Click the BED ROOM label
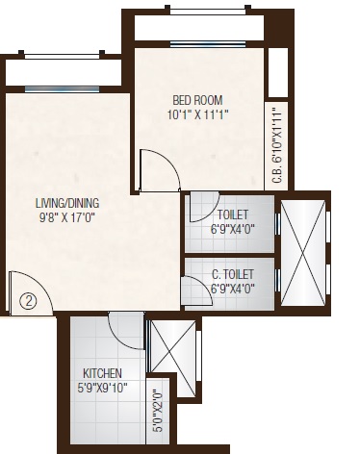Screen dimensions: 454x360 coord(196,99)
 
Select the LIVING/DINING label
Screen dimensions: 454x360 coord(65,203)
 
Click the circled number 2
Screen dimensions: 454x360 coord(29,299)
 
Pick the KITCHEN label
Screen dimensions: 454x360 coord(102,372)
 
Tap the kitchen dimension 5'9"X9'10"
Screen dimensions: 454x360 coord(102,388)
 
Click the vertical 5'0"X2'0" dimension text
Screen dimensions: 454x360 coord(159,411)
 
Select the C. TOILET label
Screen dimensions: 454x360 coord(232,273)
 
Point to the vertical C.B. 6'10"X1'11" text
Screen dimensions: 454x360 coord(277,145)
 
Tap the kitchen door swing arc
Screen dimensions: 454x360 coord(126,331)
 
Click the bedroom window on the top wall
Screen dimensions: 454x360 coord(199,43)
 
